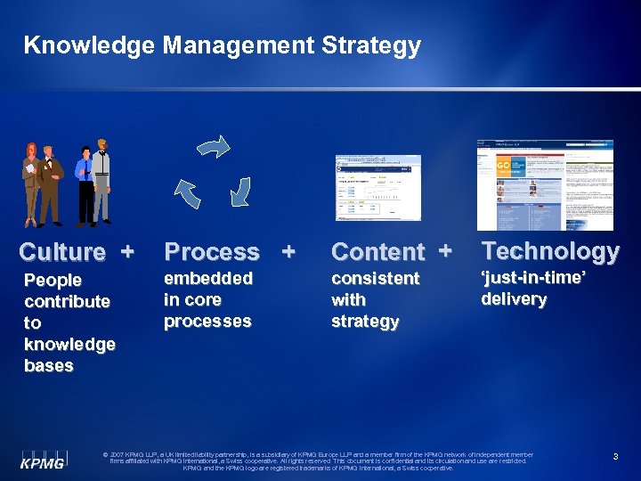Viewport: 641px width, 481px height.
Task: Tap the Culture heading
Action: [x=62, y=252]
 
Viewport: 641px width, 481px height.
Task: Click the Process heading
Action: [x=213, y=252]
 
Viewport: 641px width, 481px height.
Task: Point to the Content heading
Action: [x=378, y=252]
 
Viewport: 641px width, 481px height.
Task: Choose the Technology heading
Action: [x=550, y=252]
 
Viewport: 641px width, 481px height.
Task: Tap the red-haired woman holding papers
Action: [x=31, y=183]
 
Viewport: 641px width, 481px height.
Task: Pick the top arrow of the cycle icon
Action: [x=215, y=148]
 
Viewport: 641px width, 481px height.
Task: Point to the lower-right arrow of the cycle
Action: [x=240, y=189]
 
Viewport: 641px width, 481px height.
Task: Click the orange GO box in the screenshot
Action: [x=502, y=167]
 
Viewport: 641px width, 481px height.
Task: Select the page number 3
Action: [x=615, y=457]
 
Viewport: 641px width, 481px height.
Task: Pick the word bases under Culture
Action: [x=49, y=365]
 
